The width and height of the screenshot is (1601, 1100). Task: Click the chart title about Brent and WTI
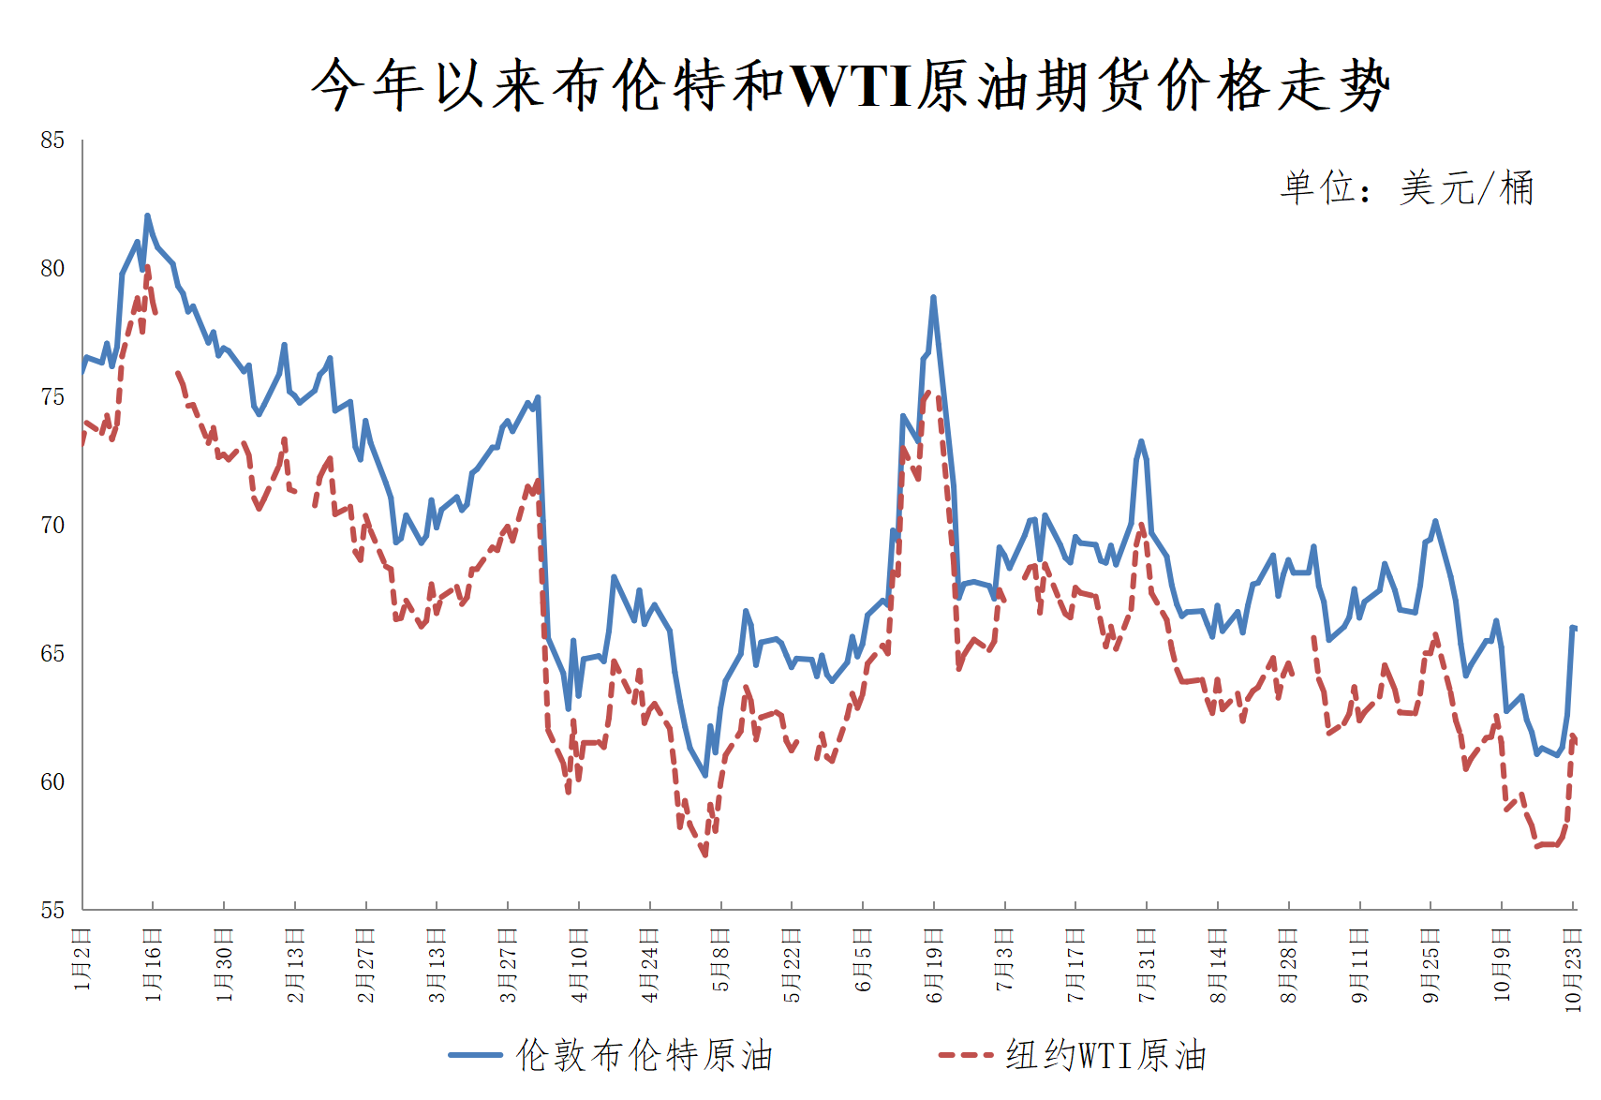(x=850, y=86)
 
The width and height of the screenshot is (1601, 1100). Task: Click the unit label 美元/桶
(x=1406, y=188)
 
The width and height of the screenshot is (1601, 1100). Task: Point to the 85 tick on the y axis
(x=52, y=141)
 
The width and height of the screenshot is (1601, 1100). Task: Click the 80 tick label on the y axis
(x=52, y=269)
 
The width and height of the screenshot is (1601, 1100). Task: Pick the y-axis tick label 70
(x=52, y=526)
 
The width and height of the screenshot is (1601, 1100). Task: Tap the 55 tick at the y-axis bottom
(x=52, y=910)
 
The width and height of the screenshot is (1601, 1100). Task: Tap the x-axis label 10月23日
(x=1574, y=969)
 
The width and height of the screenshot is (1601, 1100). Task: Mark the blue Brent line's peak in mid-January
(x=147, y=216)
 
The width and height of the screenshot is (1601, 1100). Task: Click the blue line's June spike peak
(x=933, y=298)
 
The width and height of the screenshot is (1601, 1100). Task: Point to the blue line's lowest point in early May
(x=705, y=775)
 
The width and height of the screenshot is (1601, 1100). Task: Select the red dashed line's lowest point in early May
(x=704, y=854)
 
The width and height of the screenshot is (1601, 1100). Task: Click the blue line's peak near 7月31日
(x=1141, y=441)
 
